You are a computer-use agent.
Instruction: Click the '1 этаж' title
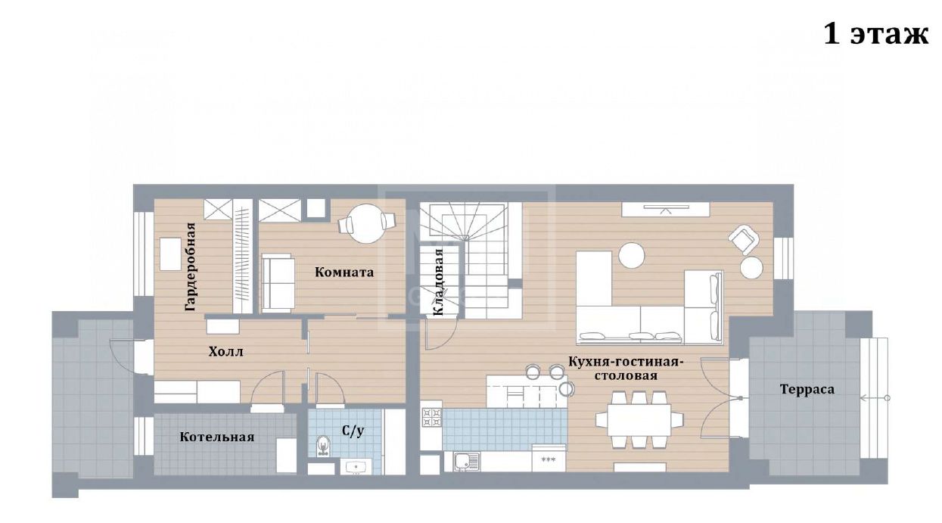(875, 35)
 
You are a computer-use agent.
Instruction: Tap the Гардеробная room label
(191, 266)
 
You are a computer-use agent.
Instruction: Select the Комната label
(344, 272)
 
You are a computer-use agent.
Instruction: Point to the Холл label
(225, 351)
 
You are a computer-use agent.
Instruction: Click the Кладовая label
(438, 282)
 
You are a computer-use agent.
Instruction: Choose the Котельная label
(217, 437)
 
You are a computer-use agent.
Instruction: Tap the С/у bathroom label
(353, 431)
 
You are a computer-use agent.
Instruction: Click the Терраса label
(807, 389)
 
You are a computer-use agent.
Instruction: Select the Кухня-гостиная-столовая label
(625, 368)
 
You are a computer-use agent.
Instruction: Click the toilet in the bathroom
(322, 446)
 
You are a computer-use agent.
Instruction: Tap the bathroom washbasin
(356, 467)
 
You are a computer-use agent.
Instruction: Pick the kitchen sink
(467, 461)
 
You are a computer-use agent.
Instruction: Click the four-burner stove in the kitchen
(431, 417)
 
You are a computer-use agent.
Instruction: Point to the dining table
(639, 419)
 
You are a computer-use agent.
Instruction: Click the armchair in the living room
(744, 239)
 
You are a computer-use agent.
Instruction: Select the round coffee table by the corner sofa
(631, 255)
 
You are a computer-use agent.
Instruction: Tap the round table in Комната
(367, 223)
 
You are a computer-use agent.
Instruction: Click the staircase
(471, 261)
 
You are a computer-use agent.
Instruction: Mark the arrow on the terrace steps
(875, 398)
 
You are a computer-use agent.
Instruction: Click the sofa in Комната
(278, 283)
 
